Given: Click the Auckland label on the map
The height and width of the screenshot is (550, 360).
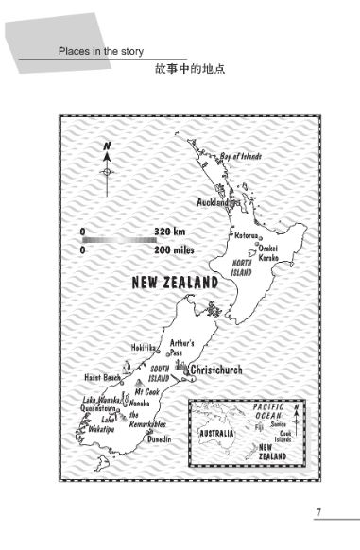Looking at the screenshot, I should point(213,202).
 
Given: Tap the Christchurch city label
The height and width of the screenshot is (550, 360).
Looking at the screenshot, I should point(216,370).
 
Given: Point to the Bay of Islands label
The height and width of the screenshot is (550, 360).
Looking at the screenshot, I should point(241,156).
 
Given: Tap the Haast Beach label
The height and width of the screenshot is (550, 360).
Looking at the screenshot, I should point(103,378).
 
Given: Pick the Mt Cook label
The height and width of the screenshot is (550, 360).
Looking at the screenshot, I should point(148,390).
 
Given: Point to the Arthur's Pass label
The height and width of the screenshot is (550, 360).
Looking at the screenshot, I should point(182,348).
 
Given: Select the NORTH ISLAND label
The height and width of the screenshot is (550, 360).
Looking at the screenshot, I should point(242,267).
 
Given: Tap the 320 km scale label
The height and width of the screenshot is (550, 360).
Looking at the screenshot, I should point(170,231).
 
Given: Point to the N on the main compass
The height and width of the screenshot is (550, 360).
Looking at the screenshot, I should point(108,146).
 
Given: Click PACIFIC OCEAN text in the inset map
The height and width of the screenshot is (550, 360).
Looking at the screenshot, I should point(268,411).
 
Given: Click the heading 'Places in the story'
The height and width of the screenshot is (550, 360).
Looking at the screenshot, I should point(100,51).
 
